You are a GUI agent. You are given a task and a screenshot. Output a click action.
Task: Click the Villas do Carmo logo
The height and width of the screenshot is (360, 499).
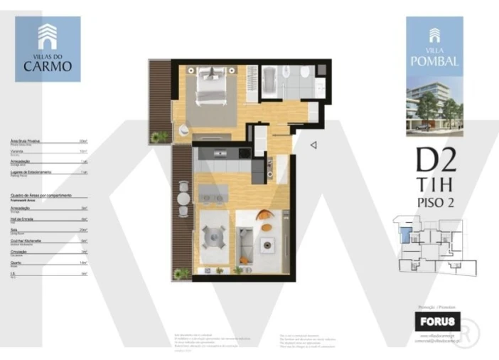pyautogui.click(x=48, y=48)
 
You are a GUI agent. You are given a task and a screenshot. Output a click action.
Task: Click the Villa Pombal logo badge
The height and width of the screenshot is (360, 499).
pyautogui.click(x=434, y=46)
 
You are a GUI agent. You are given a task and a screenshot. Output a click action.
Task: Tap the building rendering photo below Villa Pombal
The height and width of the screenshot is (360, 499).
pyautogui.click(x=434, y=107)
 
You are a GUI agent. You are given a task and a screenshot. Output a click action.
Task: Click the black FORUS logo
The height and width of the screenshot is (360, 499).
pyautogui.click(x=437, y=319)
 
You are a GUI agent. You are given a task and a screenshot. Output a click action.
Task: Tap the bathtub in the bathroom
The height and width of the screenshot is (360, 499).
pyautogui.click(x=271, y=81)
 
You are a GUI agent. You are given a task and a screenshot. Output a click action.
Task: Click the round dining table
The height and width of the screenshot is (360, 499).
pyautogui.click(x=213, y=235)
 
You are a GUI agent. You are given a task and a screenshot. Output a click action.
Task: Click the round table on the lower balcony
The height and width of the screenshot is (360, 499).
pyautogui.click(x=183, y=200)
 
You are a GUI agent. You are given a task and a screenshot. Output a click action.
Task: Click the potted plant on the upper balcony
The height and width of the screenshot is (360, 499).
pyautogui.click(x=161, y=136)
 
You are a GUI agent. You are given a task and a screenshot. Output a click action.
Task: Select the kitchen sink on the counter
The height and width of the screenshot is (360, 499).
pyautogui.click(x=221, y=152)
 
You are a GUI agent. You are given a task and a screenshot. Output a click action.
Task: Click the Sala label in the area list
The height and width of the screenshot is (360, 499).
pyautogui.click(x=15, y=231)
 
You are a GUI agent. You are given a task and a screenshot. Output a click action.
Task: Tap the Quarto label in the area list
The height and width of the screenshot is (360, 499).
pyautogui.click(x=16, y=263)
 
